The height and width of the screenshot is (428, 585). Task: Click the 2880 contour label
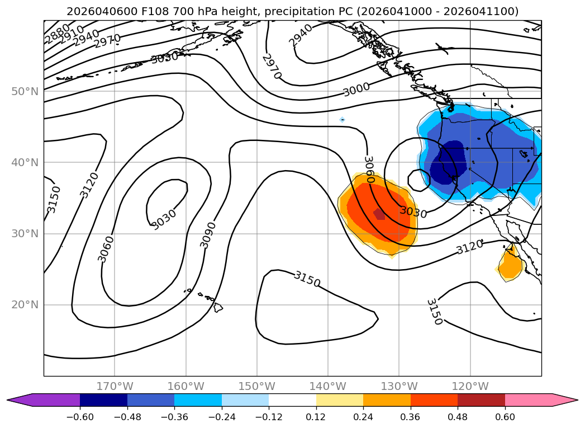coord(57,34)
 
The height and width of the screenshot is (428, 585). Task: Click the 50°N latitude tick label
coord(25,91)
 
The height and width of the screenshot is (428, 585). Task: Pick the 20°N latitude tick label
coord(25,305)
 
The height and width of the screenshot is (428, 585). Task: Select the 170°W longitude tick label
coord(115,387)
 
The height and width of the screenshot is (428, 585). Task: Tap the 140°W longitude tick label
coord(328,387)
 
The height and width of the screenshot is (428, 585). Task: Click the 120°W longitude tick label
coord(470,387)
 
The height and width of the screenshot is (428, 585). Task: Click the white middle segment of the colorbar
coord(292,400)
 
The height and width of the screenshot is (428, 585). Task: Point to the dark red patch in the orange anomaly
coord(379,214)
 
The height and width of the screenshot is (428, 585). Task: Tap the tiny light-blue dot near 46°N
coord(342,120)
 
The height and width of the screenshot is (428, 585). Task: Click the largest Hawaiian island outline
coord(217,307)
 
